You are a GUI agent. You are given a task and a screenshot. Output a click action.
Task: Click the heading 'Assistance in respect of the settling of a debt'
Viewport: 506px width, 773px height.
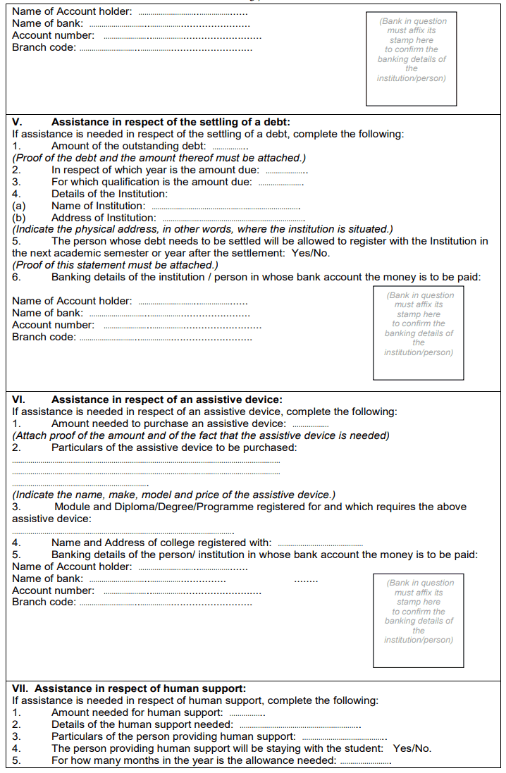tap(171, 122)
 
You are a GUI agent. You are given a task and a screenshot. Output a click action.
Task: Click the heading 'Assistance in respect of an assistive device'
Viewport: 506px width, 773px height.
tap(167, 400)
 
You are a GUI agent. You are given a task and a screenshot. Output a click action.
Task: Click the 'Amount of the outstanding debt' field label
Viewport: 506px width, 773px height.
tap(128, 146)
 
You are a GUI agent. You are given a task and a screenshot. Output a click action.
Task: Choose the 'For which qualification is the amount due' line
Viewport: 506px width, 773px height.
tap(152, 182)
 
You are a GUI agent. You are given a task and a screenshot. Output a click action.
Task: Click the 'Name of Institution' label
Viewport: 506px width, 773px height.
tap(98, 206)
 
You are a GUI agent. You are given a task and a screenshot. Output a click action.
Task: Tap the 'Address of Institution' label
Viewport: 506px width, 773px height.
tap(104, 218)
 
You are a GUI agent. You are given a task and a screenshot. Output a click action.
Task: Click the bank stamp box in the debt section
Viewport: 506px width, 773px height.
tap(419, 333)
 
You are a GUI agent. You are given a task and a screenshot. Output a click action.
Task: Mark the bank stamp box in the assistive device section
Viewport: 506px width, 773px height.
tap(419, 620)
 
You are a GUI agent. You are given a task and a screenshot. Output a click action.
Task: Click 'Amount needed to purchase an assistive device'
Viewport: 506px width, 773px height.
tap(168, 423)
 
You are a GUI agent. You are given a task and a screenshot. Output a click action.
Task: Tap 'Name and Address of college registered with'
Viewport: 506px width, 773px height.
tap(161, 543)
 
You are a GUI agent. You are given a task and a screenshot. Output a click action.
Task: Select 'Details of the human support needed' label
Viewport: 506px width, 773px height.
tap(142, 724)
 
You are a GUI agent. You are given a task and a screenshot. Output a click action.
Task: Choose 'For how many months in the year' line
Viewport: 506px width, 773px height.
tap(194, 760)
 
